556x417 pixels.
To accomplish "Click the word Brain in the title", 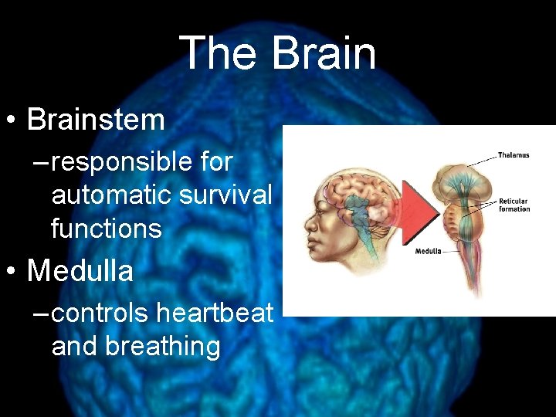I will click(x=324, y=54).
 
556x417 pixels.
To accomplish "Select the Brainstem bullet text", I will click(x=96, y=120).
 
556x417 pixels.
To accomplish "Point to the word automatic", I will click(x=111, y=195).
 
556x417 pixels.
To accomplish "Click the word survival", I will click(x=225, y=195).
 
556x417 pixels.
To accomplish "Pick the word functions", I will click(x=107, y=229).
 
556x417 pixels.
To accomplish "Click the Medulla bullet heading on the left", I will click(x=80, y=271).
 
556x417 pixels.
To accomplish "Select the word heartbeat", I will click(x=215, y=313).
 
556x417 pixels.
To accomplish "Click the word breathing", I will click(x=163, y=346).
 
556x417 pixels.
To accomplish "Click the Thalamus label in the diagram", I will click(x=514, y=155).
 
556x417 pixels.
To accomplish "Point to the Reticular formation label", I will click(x=514, y=205).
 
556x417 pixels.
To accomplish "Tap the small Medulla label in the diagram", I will click(x=428, y=251).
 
